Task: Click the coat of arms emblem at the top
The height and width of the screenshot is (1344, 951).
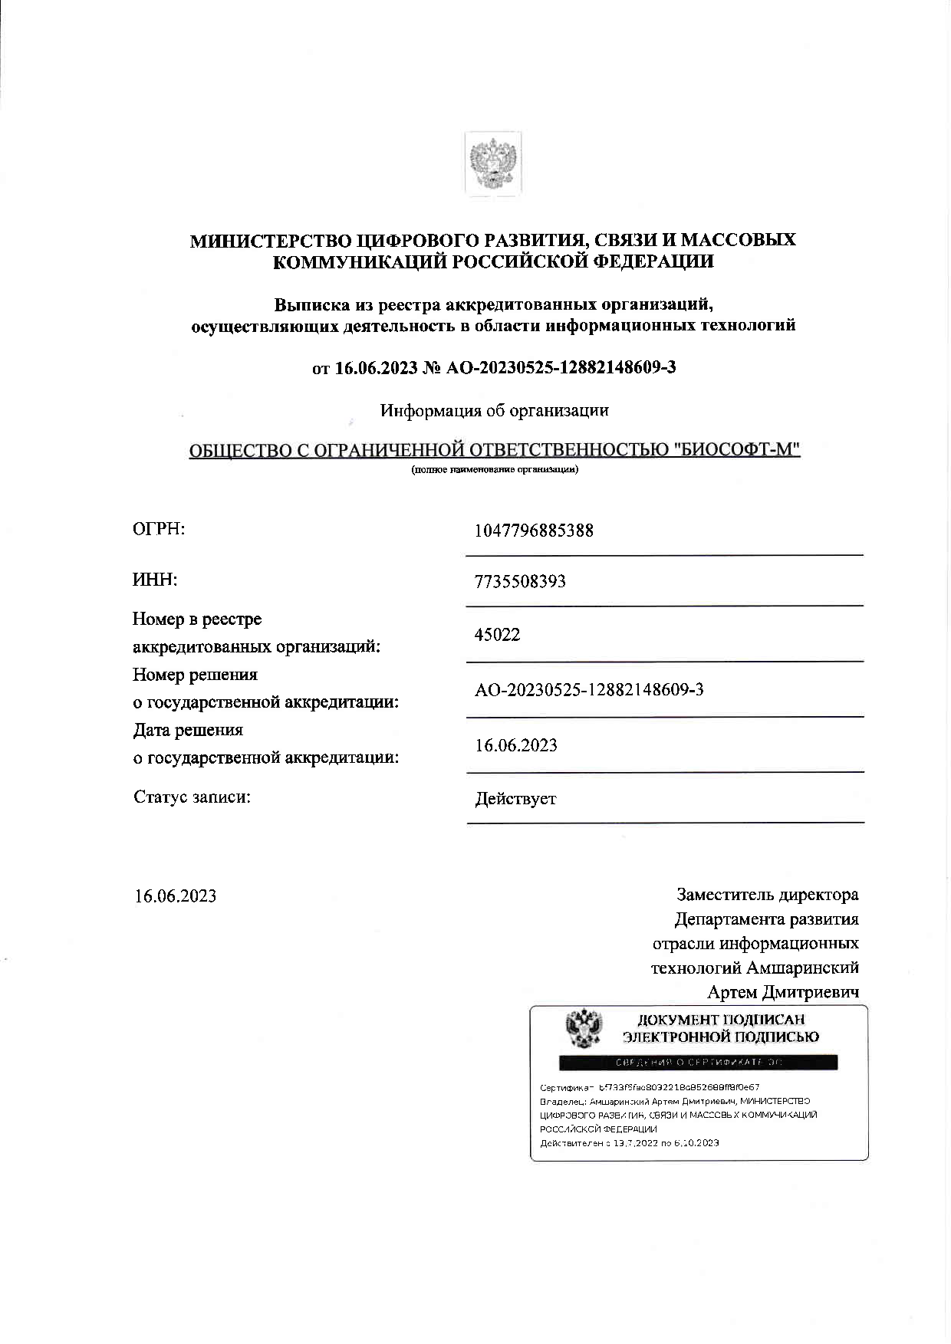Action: (x=493, y=163)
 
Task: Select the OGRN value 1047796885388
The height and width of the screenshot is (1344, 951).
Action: (x=534, y=531)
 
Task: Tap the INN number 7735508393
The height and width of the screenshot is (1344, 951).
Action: (x=520, y=581)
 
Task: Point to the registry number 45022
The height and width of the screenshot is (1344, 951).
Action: (x=497, y=635)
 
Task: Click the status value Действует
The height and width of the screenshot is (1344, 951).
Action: (x=515, y=799)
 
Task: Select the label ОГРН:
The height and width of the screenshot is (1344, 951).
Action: (x=159, y=529)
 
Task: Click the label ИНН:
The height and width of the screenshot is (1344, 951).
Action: (x=155, y=580)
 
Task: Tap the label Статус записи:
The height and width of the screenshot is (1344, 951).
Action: (x=193, y=797)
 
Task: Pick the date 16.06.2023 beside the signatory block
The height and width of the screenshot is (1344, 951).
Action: (x=176, y=896)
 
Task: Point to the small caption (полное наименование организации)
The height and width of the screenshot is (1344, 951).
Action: (x=495, y=469)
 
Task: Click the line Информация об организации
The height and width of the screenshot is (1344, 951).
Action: (x=495, y=411)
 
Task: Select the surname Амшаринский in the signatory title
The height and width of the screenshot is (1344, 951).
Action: (x=802, y=968)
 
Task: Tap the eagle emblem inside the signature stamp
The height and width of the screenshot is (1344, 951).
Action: (x=584, y=1029)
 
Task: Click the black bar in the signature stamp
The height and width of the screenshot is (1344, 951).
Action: (x=698, y=1063)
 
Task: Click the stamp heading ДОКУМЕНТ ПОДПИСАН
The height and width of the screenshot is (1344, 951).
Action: (x=721, y=1020)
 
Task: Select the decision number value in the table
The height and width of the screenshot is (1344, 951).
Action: (x=589, y=690)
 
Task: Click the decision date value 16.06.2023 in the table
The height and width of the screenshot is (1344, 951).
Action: (x=516, y=745)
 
